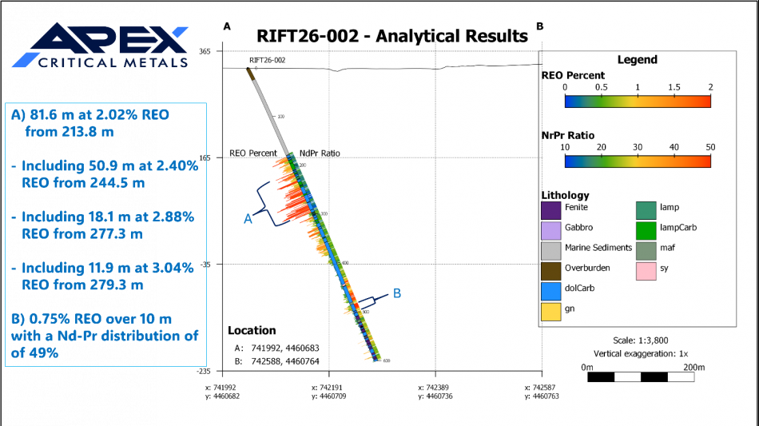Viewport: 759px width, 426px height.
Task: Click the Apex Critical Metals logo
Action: tap(100, 46)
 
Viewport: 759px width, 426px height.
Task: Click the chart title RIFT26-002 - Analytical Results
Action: tap(391, 36)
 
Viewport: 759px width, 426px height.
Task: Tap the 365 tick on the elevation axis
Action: tap(205, 51)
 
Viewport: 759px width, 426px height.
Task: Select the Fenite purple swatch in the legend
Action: tap(551, 209)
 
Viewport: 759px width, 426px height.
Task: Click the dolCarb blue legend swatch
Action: tap(551, 289)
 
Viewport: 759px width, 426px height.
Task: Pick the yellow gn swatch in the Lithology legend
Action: tap(551, 309)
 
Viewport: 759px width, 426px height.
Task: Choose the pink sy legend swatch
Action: tap(646, 269)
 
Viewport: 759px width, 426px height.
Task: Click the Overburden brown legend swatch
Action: tap(551, 269)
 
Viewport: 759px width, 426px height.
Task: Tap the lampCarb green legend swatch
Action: tap(646, 229)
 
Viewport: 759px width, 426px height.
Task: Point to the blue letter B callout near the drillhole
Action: tap(396, 293)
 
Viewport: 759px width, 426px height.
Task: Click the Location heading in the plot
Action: tap(252, 330)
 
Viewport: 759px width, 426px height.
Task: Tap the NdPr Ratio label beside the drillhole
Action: tap(320, 153)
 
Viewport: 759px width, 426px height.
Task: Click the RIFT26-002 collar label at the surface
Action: tap(267, 60)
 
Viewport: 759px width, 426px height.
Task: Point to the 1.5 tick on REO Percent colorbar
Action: tap(674, 87)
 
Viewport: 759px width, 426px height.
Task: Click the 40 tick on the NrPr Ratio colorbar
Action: tap(674, 147)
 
